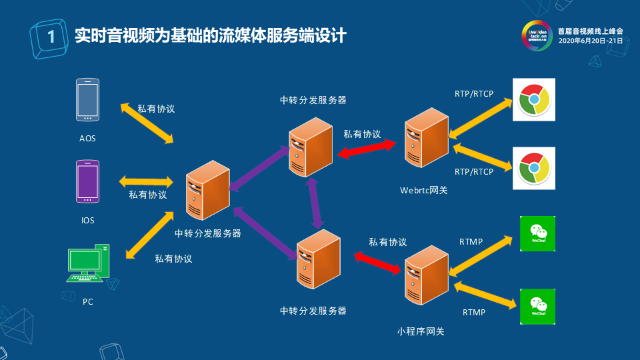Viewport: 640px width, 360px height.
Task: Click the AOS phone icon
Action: (x=88, y=101)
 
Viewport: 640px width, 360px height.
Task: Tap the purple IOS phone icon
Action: (x=88, y=181)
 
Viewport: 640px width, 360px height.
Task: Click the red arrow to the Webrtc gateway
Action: (x=367, y=149)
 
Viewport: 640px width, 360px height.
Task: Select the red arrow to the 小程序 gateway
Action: (x=378, y=262)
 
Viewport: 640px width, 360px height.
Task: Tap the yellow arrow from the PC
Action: (x=147, y=233)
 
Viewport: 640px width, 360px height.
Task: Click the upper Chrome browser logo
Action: (x=533, y=100)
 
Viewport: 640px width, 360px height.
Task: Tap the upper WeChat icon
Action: (x=537, y=233)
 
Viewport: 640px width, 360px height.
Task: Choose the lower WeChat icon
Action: (x=537, y=307)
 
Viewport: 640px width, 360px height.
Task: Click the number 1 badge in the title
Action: (x=50, y=37)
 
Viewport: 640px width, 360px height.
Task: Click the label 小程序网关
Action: (x=420, y=331)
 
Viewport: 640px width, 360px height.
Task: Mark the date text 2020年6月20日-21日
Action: (x=590, y=41)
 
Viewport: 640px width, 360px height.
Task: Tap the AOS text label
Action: (x=87, y=139)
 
